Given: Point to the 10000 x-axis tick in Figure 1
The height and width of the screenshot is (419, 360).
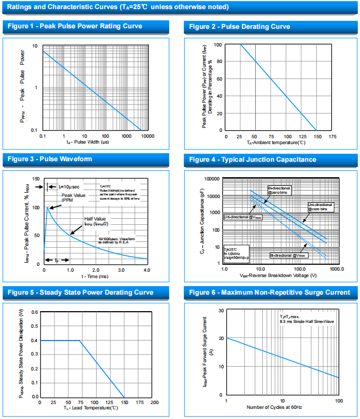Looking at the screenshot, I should [147, 137].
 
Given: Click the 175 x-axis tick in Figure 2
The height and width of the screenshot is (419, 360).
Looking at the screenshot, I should [332, 137].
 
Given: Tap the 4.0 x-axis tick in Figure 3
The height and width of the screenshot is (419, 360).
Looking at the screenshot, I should [147, 270].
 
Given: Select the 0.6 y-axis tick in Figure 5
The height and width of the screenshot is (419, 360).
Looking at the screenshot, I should [35, 312].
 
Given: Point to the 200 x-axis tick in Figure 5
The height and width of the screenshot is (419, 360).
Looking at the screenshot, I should [154, 402].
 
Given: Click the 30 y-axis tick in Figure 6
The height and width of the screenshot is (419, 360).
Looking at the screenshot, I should [221, 311].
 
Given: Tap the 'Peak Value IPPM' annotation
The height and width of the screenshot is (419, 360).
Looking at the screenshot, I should [74, 198].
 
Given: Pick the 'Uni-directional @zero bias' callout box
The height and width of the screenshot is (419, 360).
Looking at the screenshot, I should [320, 207].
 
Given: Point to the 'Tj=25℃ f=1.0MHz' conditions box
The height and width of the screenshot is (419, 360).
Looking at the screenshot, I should [233, 253].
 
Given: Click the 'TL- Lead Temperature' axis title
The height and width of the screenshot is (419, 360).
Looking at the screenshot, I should [91, 408].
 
